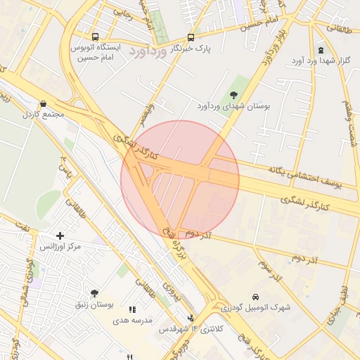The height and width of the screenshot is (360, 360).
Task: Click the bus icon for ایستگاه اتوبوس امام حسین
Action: [95, 37]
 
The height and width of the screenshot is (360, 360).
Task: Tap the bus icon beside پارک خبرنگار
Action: [191, 37]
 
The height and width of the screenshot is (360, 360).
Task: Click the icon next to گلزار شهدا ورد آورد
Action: [321, 50]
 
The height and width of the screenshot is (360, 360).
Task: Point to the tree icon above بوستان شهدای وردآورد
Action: [233, 95]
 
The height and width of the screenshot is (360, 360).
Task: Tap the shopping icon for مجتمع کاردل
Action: [44, 103]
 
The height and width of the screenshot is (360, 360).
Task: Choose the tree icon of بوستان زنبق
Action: [95, 293]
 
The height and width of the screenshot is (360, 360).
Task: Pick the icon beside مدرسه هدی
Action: [131, 309]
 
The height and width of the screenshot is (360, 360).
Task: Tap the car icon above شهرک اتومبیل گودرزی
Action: [255, 296]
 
